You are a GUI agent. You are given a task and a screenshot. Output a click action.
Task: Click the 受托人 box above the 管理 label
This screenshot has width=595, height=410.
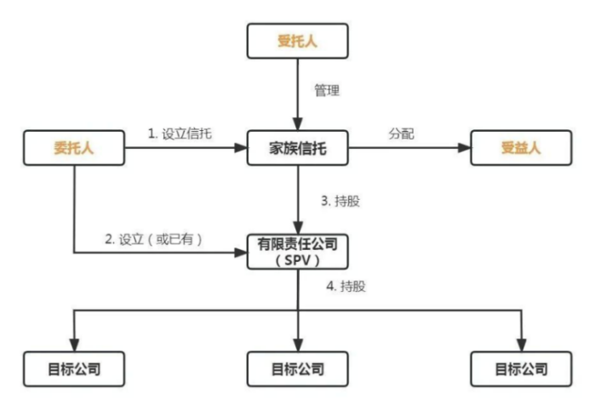coord(298,39)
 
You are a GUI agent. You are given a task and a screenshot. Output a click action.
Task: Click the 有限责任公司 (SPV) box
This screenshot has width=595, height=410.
coord(298,252)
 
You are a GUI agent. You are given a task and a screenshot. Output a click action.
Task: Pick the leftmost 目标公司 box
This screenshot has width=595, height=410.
coord(74,369)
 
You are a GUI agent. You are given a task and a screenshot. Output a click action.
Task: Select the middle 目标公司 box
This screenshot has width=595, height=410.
coord(298,369)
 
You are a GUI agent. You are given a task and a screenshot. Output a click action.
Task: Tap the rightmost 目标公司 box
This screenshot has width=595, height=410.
coord(521,369)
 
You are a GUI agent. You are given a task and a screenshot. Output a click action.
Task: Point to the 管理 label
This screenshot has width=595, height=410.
coord(326,90)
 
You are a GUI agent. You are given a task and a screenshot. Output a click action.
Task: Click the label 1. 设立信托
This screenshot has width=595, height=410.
coord(182,134)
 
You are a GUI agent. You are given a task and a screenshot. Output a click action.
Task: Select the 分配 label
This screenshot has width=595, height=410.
coord(402,134)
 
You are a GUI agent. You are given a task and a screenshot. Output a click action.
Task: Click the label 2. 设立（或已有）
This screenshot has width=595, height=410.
coord(153,239)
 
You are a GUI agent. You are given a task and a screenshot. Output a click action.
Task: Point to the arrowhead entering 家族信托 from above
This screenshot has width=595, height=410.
coord(298,124)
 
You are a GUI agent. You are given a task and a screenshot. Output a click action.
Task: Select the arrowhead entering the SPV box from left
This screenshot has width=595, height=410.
coord(242,252)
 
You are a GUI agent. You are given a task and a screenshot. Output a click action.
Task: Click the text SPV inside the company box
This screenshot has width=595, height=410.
coord(298,259)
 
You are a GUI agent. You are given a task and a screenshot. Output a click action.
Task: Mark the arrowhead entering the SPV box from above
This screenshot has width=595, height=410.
coord(298,228)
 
